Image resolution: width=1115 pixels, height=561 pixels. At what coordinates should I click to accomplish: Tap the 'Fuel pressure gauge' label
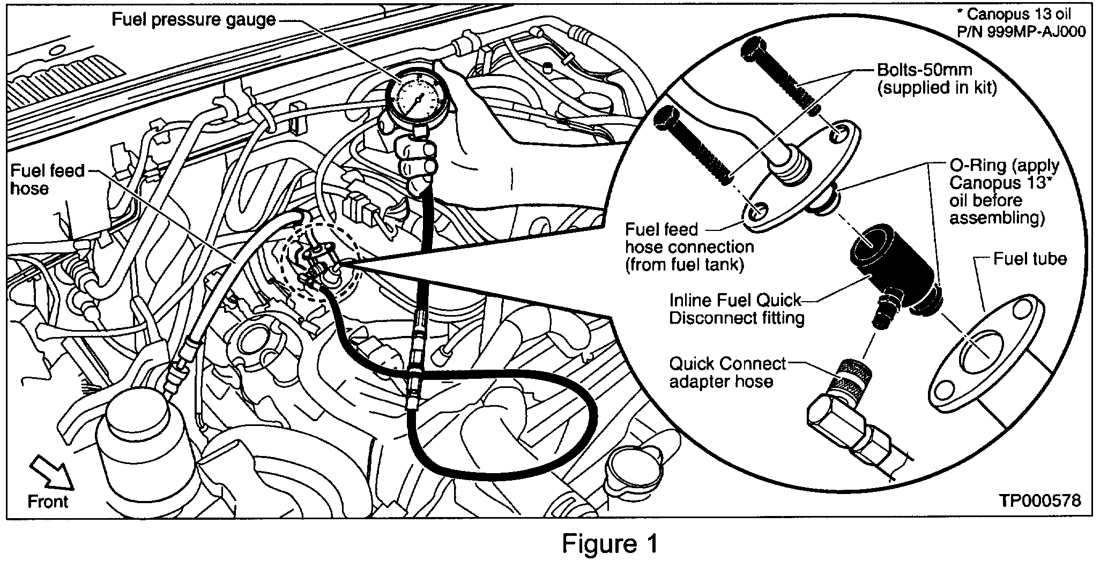(x=194, y=20)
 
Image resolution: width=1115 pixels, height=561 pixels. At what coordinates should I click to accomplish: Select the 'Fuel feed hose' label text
(x=47, y=179)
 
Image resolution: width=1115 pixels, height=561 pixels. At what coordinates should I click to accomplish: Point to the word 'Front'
(x=48, y=502)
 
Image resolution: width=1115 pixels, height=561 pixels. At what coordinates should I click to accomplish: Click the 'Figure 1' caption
(x=610, y=544)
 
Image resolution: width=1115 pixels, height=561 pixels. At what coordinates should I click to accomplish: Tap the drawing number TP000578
(x=1039, y=500)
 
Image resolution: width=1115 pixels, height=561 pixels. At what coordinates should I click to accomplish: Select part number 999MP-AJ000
(x=1022, y=32)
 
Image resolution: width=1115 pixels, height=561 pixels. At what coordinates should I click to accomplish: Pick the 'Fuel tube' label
(x=1029, y=259)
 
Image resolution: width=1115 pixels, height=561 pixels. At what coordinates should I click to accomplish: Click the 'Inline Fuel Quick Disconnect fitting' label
(x=737, y=309)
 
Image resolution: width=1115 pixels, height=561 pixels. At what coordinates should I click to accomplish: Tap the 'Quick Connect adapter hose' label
(x=727, y=372)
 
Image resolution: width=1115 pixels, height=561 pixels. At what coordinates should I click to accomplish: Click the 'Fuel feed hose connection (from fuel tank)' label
(x=689, y=247)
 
